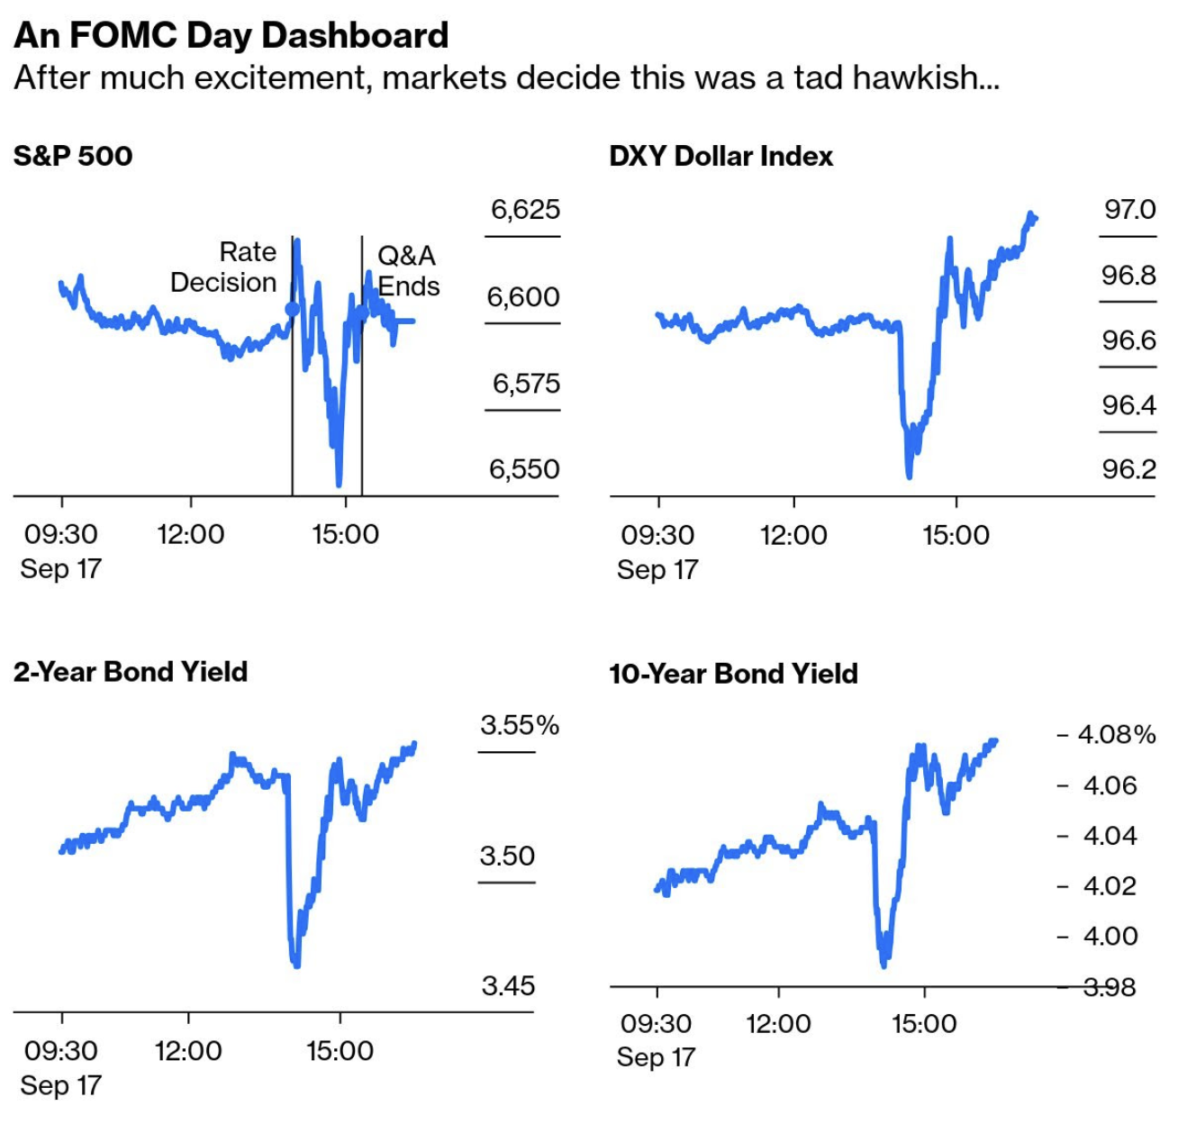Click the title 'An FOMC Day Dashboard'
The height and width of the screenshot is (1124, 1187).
(x=231, y=35)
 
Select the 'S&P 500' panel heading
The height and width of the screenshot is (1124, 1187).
(x=73, y=156)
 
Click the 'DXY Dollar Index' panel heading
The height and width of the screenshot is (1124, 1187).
(x=720, y=156)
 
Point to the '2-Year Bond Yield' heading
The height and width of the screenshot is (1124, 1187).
(x=131, y=672)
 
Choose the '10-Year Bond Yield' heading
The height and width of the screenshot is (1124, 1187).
(x=733, y=674)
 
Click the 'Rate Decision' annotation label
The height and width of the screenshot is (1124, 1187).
(x=225, y=267)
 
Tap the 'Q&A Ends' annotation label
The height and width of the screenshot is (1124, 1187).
(x=407, y=271)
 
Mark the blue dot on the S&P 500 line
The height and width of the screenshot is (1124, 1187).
(x=292, y=310)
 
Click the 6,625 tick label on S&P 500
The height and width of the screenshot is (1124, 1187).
(x=525, y=210)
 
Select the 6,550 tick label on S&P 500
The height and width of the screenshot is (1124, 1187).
(x=524, y=469)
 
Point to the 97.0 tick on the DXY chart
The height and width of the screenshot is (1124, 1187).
(x=1129, y=210)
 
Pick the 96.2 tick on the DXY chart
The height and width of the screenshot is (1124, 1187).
(x=1128, y=469)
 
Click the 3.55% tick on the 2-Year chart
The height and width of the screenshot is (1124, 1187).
(x=519, y=725)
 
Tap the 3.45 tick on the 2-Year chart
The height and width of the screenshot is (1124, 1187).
(x=508, y=985)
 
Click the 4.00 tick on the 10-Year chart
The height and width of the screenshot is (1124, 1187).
(x=1110, y=936)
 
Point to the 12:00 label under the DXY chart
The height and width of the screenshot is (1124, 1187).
(x=793, y=535)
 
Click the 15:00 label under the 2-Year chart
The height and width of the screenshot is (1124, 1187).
(x=340, y=1050)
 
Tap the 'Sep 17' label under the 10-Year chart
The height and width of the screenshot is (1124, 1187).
(x=656, y=1056)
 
